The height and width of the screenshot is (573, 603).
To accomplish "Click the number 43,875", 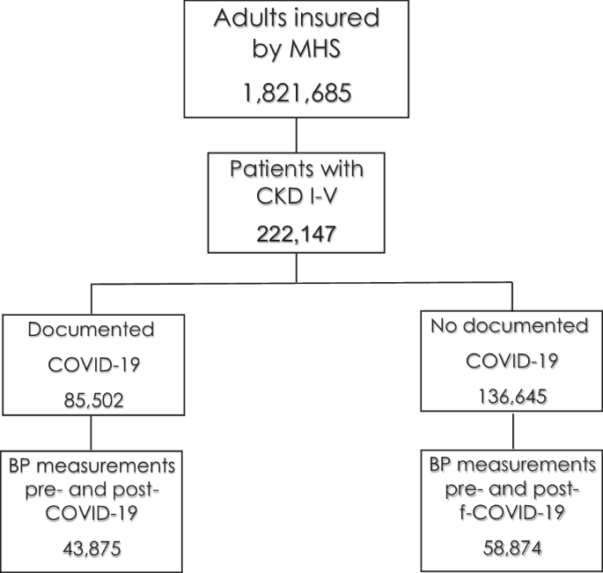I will coord(92,547).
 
